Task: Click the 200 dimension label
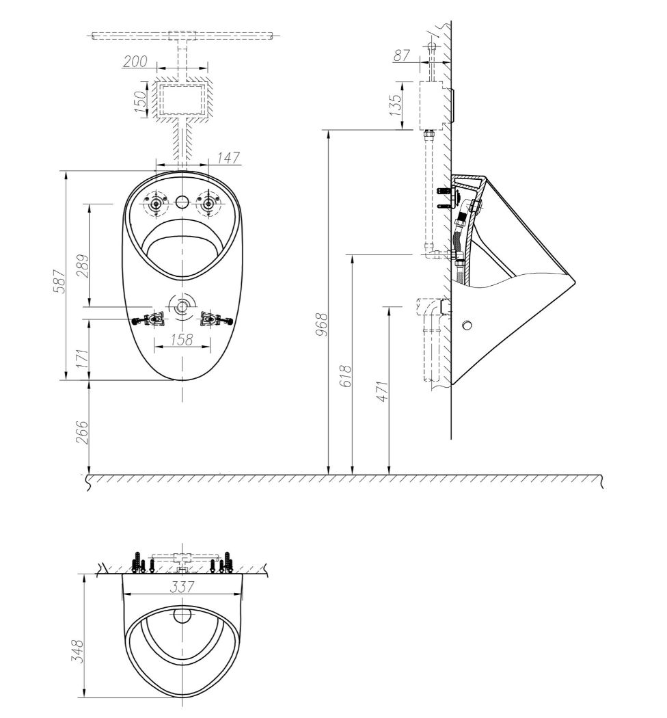[135, 61]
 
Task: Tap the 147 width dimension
[228, 157]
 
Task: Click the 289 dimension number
[83, 266]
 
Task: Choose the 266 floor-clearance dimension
[82, 431]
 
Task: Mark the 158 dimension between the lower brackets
[182, 339]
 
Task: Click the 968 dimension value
[323, 324]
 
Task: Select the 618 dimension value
[346, 376]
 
